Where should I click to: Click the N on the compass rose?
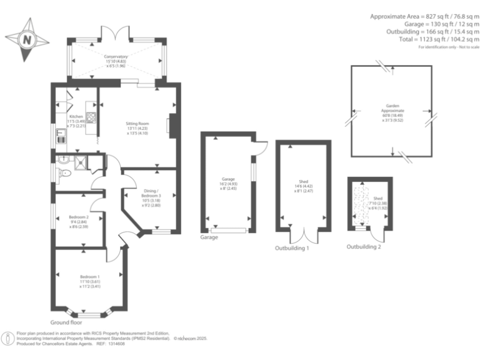[x=27, y=39]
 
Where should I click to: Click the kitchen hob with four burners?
[x=91, y=117]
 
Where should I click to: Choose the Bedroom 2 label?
[x=79, y=217]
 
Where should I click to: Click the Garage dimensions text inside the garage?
[x=227, y=182]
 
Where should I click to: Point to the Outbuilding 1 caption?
[x=292, y=248]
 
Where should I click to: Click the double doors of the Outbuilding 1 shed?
[x=302, y=236]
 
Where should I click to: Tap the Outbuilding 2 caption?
[x=364, y=246]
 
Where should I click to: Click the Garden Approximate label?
[x=392, y=109]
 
